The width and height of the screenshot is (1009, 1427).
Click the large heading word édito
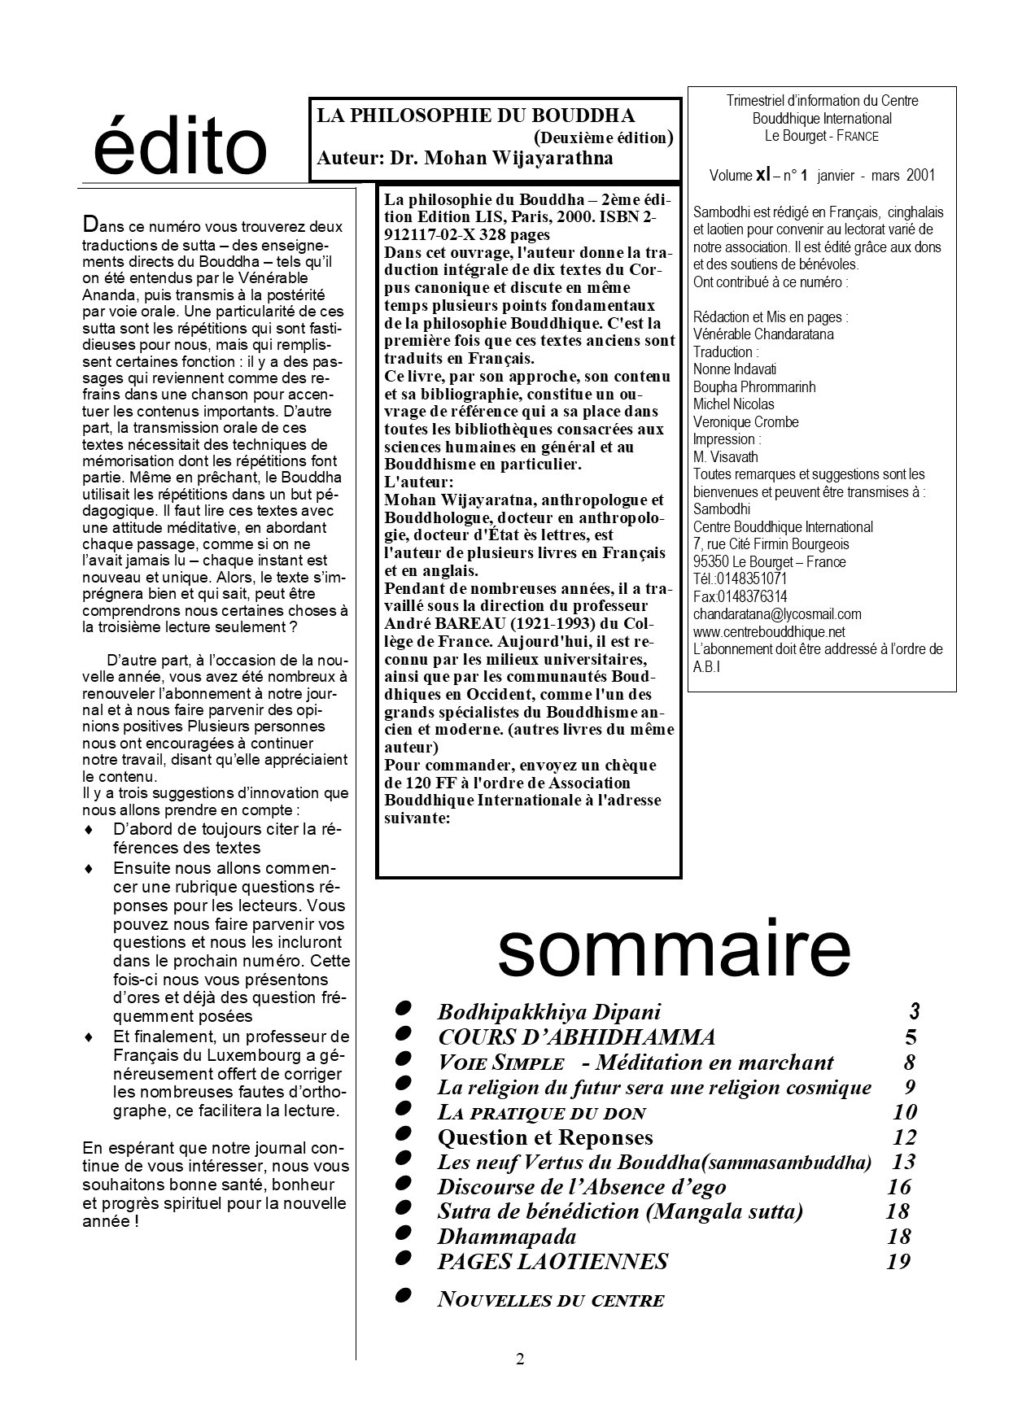tap(180, 147)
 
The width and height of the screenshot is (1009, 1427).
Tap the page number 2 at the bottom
tap(520, 1359)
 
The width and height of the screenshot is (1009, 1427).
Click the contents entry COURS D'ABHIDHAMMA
tap(576, 1037)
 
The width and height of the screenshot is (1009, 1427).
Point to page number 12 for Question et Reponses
tap(904, 1137)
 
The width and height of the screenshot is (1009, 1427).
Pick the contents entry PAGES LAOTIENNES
tap(553, 1262)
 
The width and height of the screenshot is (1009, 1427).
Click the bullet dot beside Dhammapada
tap(402, 1234)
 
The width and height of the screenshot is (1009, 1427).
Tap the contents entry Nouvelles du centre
tap(550, 1300)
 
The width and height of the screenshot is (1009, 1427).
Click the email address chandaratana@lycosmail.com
tap(776, 614)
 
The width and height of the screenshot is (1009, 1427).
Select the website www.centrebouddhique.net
tap(768, 631)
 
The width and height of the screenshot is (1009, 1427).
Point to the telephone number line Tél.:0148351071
tap(740, 579)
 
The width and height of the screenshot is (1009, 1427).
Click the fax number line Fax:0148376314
tap(740, 596)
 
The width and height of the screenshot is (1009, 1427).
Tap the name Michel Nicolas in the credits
tap(733, 404)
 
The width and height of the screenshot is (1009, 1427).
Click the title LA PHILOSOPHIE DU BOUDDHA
tap(476, 116)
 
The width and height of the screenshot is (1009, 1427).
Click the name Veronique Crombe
tap(745, 421)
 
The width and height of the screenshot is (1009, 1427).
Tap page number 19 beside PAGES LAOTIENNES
tap(898, 1262)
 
